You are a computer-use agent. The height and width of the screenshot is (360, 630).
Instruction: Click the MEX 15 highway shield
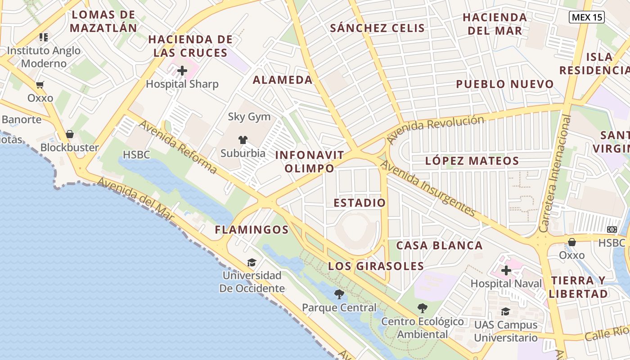coord(586,18)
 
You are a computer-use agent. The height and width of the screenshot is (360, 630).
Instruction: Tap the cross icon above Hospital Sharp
coord(182,71)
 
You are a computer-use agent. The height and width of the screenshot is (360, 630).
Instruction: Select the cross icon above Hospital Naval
coord(506,270)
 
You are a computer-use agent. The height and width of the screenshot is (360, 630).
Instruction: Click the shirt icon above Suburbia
coord(243,140)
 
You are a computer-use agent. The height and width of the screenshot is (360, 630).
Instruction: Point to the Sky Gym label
coord(249,117)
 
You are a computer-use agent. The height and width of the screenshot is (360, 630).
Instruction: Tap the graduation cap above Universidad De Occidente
coord(252,262)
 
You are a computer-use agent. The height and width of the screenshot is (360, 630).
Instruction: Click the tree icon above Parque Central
coord(339,295)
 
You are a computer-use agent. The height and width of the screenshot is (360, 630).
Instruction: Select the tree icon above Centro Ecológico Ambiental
coord(422,308)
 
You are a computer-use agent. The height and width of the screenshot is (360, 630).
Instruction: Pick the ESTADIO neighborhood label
coord(360,203)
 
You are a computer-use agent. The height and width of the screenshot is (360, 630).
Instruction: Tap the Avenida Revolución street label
coord(436,129)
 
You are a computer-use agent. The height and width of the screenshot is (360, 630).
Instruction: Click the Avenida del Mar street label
coord(135,198)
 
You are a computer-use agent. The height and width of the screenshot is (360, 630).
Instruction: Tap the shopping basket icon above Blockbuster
coord(70,134)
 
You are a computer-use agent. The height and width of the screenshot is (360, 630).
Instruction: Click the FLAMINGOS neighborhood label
coord(252,230)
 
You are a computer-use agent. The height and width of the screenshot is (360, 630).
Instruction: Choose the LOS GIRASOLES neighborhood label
coord(376,266)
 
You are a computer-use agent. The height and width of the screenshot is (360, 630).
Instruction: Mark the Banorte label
coord(22,120)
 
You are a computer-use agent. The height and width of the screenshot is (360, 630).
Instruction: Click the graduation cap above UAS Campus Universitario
coord(506,311)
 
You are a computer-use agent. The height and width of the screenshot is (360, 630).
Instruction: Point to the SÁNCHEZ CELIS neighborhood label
coord(377,28)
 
